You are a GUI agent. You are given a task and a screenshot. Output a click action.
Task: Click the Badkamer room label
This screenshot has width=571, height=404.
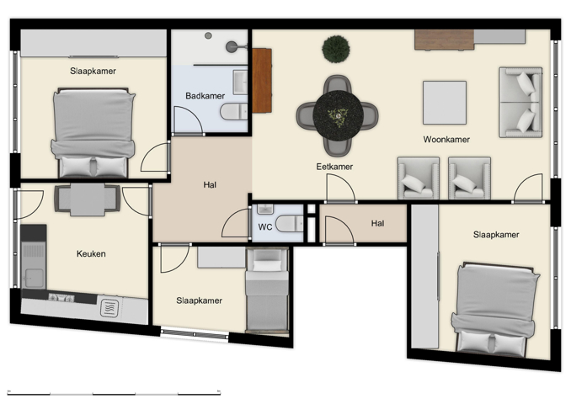tap(204, 96)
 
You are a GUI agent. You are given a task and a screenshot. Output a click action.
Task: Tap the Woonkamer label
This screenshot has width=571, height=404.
tap(446, 140)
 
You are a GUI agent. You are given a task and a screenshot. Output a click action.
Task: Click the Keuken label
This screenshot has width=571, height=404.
tap(91, 253)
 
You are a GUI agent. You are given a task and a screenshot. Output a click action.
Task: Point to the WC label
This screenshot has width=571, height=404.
tap(264, 226)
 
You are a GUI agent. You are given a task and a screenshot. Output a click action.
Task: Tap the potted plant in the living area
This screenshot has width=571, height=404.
tap(335, 48)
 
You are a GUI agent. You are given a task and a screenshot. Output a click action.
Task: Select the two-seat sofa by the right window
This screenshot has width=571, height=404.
tap(520, 102)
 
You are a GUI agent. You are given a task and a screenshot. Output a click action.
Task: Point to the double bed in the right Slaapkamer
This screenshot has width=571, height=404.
tap(495, 306)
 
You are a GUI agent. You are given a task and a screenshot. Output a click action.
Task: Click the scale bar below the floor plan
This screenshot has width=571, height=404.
tap(114, 391)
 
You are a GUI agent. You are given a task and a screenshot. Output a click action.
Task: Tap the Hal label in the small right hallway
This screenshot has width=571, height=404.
tap(377, 223)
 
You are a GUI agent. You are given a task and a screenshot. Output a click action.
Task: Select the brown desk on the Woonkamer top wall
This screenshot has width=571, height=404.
tap(444, 40)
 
